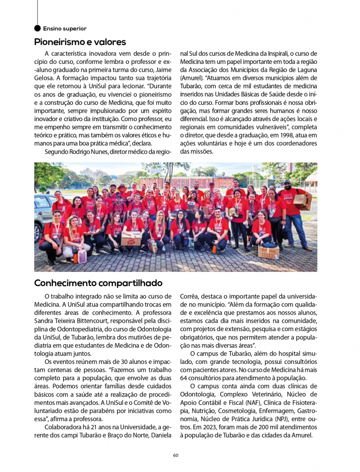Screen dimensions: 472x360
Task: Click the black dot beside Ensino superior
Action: click(38, 28)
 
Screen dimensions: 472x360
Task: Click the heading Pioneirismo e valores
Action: click(80, 42)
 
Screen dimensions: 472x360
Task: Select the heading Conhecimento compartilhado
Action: click(98, 283)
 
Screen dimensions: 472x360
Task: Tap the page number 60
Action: click(176, 455)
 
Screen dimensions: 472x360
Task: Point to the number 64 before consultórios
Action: click(184, 378)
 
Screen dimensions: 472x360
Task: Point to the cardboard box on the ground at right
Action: click(269, 252)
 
